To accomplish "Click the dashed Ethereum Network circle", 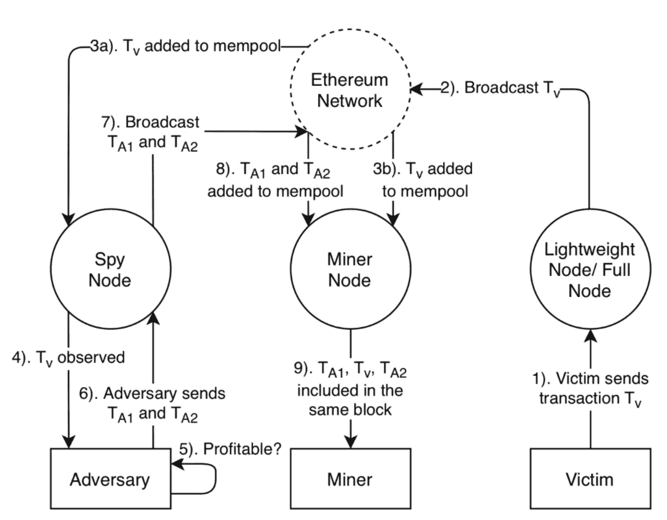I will (350, 90).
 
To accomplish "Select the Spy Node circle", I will (110, 270).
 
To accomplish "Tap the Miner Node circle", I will (350, 270).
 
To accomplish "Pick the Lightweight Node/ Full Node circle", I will (590, 270).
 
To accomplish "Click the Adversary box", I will (110, 479).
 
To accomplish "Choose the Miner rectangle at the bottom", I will (350, 479).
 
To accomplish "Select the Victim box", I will (590, 479).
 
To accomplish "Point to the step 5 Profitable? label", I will (230, 449).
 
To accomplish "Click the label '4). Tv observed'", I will (68, 358).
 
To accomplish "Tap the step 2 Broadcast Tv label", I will (500, 89).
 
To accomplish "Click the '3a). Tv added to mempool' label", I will (186, 47).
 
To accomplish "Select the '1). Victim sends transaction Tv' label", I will (590, 389).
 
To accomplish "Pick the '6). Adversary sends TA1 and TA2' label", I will (152, 403).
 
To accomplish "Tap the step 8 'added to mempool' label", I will (275, 180).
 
